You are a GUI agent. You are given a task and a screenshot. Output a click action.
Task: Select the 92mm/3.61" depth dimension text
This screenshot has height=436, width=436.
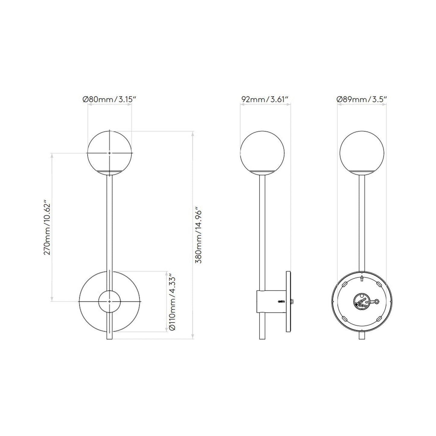265,99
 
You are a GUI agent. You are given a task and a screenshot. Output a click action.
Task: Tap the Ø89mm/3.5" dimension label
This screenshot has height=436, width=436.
362,99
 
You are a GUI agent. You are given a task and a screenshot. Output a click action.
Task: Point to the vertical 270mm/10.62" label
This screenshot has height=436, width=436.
48,227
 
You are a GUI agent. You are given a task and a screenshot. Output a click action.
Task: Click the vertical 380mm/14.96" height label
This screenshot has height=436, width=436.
199,235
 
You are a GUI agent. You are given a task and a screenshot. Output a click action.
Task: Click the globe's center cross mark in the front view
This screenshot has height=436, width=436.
110,153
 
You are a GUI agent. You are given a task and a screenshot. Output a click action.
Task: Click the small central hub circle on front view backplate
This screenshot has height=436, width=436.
110,301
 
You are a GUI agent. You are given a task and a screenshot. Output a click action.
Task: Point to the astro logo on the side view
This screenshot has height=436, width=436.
280,301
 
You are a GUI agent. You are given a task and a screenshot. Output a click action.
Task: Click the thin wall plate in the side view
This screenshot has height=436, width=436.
288,302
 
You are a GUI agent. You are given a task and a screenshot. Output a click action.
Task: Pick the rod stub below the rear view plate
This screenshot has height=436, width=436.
362,335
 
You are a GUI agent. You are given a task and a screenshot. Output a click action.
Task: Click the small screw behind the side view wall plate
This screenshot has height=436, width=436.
292,301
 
